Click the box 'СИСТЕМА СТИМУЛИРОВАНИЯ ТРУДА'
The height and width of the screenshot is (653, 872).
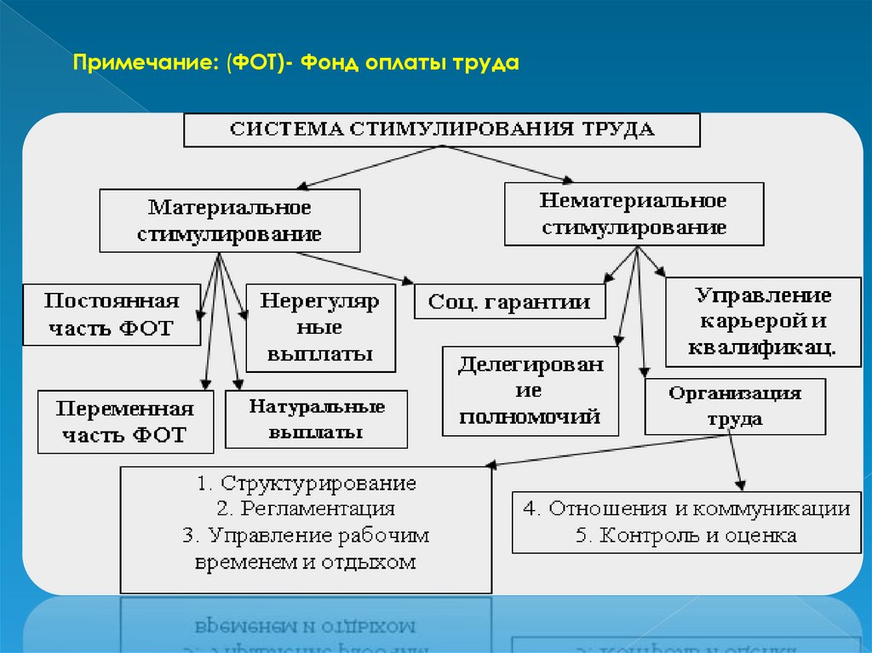pos(442,130)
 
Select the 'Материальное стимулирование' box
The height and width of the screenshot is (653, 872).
pos(230,221)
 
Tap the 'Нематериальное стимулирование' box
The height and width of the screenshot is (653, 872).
pos(634,214)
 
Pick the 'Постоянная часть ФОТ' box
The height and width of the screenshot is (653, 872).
pos(112,315)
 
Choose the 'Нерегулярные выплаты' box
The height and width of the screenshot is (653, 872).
pos(320,327)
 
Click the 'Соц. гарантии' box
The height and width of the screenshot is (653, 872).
pos(509,301)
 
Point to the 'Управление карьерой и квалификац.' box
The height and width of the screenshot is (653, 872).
pos(763,321)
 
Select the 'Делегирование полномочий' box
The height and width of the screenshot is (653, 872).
pos(531,391)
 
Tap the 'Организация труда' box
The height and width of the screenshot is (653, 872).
pos(734,406)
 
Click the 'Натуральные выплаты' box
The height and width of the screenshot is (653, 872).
pos(316,419)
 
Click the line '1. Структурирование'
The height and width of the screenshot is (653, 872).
pos(307,484)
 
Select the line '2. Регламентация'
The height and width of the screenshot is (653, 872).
pos(307,509)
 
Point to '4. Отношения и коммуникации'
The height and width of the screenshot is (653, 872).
pos(686,509)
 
